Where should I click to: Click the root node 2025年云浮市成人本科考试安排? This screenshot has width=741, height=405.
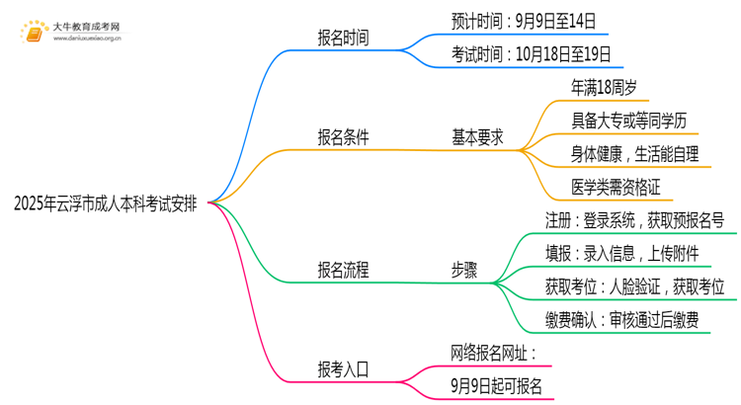(105, 203)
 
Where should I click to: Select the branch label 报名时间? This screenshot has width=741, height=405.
(343, 38)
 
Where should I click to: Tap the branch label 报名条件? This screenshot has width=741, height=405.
(343, 138)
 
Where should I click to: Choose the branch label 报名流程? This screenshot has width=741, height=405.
(343, 270)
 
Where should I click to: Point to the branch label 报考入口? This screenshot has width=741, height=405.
(343, 370)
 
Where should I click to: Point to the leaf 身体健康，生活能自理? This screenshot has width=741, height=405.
(634, 154)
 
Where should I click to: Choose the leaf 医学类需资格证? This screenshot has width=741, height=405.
(617, 187)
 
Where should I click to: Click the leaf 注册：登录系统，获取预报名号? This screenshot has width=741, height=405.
(634, 219)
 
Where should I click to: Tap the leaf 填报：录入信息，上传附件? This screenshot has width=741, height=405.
(622, 253)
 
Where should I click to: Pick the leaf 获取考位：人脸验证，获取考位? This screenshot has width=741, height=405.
(634, 286)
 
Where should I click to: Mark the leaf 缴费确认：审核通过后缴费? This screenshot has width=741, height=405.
(622, 319)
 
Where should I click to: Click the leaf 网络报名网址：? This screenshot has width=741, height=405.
(493, 353)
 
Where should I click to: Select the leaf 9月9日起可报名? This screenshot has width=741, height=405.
(496, 385)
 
